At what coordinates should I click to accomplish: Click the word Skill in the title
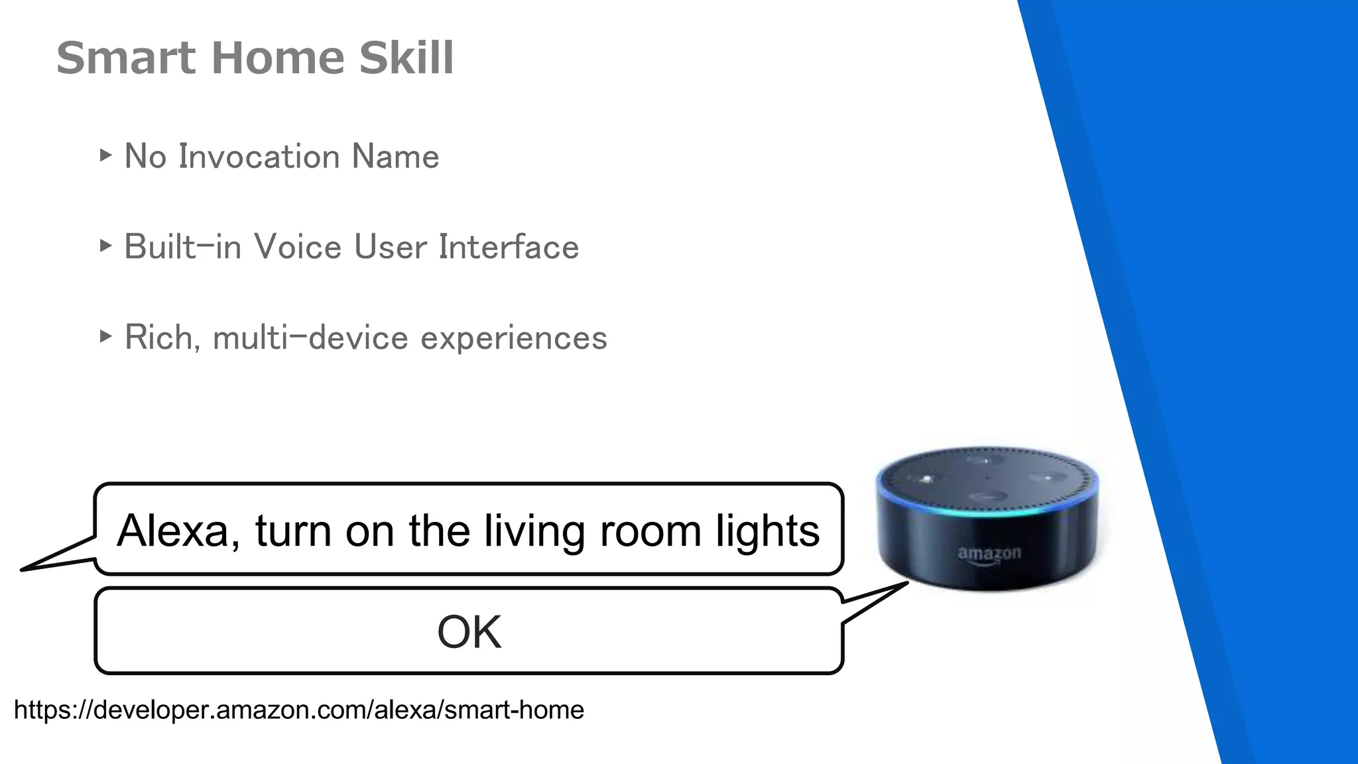[406, 58]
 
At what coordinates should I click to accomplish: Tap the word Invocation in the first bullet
[259, 157]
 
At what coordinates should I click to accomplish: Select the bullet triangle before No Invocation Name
[105, 156]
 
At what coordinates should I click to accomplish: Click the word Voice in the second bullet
[298, 247]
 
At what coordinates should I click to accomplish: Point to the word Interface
[509, 247]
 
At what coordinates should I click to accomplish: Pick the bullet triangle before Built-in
[105, 246]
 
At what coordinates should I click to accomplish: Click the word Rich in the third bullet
[158, 337]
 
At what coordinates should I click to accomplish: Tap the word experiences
[514, 338]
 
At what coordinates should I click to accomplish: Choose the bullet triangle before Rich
[105, 336]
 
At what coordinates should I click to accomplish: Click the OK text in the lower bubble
[469, 632]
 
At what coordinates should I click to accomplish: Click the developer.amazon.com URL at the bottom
[298, 710]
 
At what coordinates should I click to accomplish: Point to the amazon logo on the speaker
[989, 554]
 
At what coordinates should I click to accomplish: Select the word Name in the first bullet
[395, 157]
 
